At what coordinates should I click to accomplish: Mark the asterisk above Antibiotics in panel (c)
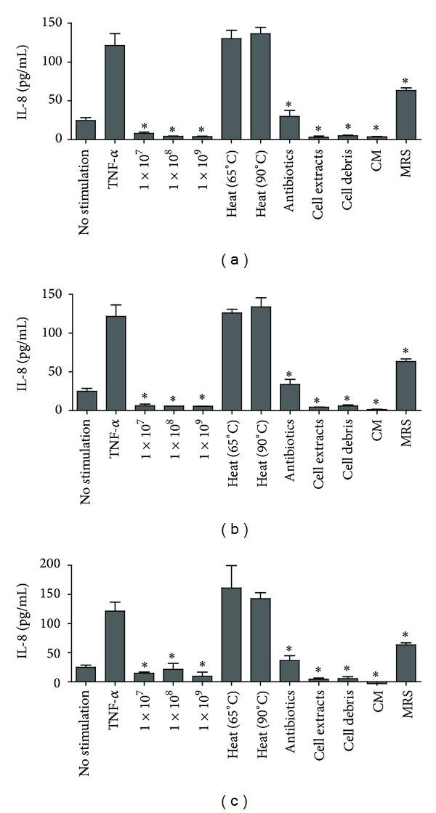(x=290, y=650)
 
